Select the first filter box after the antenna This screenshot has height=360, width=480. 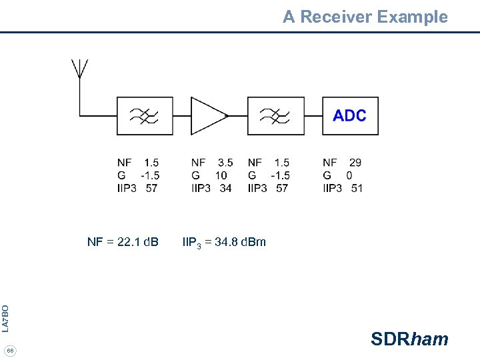(145, 116)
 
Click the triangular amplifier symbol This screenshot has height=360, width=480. (208, 116)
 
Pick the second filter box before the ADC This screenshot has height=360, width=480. (275, 116)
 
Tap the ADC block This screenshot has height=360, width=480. (350, 116)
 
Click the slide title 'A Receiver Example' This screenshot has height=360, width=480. (365, 17)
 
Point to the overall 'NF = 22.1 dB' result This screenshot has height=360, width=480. (123, 241)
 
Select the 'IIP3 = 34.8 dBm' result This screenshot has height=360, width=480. (224, 242)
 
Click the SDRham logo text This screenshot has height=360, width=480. (409, 339)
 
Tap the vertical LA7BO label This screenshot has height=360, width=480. (5, 318)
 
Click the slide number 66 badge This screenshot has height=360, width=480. (11, 351)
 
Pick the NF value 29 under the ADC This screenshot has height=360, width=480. (355, 162)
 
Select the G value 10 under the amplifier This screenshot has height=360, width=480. (221, 175)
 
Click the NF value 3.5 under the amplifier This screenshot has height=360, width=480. (225, 162)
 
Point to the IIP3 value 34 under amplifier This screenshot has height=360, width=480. (225, 188)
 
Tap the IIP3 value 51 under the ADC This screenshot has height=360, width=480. (357, 188)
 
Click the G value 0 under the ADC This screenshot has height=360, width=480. (349, 175)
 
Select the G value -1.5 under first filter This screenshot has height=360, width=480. (149, 175)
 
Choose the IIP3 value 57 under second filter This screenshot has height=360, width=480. (282, 188)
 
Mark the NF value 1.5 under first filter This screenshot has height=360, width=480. (151, 162)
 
